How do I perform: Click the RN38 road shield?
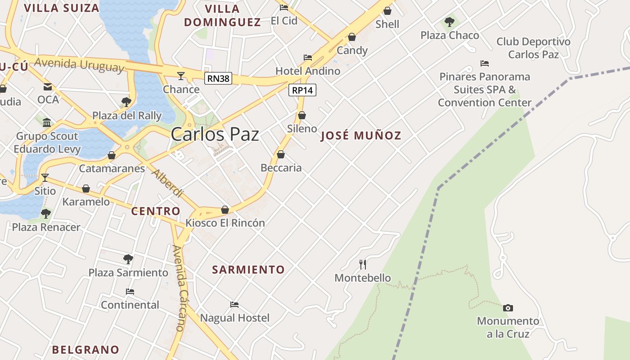pyautogui.click(x=218, y=79)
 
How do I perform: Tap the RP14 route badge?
pyautogui.click(x=302, y=90)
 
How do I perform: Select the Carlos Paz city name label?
pyautogui.click(x=215, y=134)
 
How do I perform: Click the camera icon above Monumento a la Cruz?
pyautogui.click(x=508, y=308)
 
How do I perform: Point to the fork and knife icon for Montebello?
pyautogui.click(x=363, y=264)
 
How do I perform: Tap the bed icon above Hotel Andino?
pyautogui.click(x=308, y=58)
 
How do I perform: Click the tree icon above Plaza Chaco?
pyautogui.click(x=449, y=22)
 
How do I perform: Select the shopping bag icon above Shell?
pyautogui.click(x=387, y=11)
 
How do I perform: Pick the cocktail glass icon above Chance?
pyautogui.click(x=181, y=76)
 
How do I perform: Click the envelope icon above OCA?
pyautogui.click(x=48, y=87)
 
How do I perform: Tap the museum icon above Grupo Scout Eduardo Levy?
pyautogui.click(x=47, y=122)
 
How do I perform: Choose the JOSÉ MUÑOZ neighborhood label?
pyautogui.click(x=361, y=135)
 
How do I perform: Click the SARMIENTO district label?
pyautogui.click(x=248, y=270)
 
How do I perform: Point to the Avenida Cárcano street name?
pyautogui.click(x=180, y=288)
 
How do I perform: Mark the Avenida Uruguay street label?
pyautogui.click(x=79, y=65)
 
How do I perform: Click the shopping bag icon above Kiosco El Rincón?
pyautogui.click(x=225, y=210)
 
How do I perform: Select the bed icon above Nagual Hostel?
pyautogui.click(x=234, y=305)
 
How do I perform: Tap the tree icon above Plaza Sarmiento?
pyautogui.click(x=128, y=259)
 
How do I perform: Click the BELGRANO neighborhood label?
pyautogui.click(x=85, y=350)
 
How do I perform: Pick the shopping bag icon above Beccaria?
pyautogui.click(x=281, y=154)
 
